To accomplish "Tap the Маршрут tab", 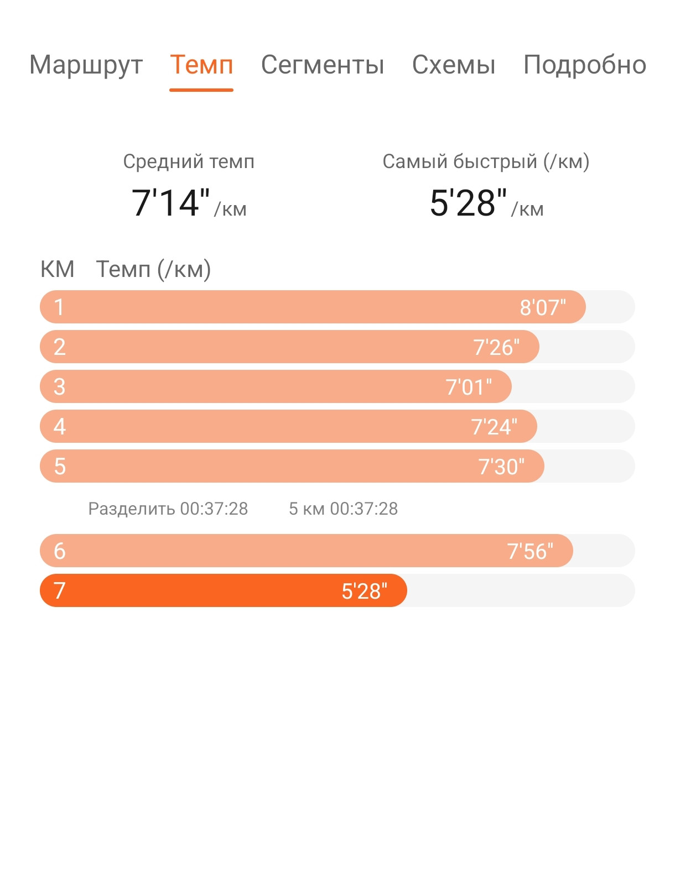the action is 86,66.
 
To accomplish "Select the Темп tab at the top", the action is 201,65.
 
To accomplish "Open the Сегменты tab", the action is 323,65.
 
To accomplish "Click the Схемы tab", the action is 453,65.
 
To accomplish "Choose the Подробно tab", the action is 584,66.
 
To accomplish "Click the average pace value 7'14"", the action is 170,202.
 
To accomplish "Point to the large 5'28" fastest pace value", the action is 468,202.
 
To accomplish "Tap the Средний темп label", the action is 189,161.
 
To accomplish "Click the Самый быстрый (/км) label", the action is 486,161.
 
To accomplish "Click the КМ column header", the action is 57,269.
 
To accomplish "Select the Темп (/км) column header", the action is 153,269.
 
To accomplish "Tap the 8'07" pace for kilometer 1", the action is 543,307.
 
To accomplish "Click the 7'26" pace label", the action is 496,347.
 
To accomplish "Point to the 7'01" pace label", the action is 469,387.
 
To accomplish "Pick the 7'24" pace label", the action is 494,427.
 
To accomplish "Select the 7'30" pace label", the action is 501,467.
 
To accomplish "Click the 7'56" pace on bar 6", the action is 529,551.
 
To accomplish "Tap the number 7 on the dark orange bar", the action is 60,591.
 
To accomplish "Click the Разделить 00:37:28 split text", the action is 168,509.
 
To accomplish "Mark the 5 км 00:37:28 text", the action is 344,509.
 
